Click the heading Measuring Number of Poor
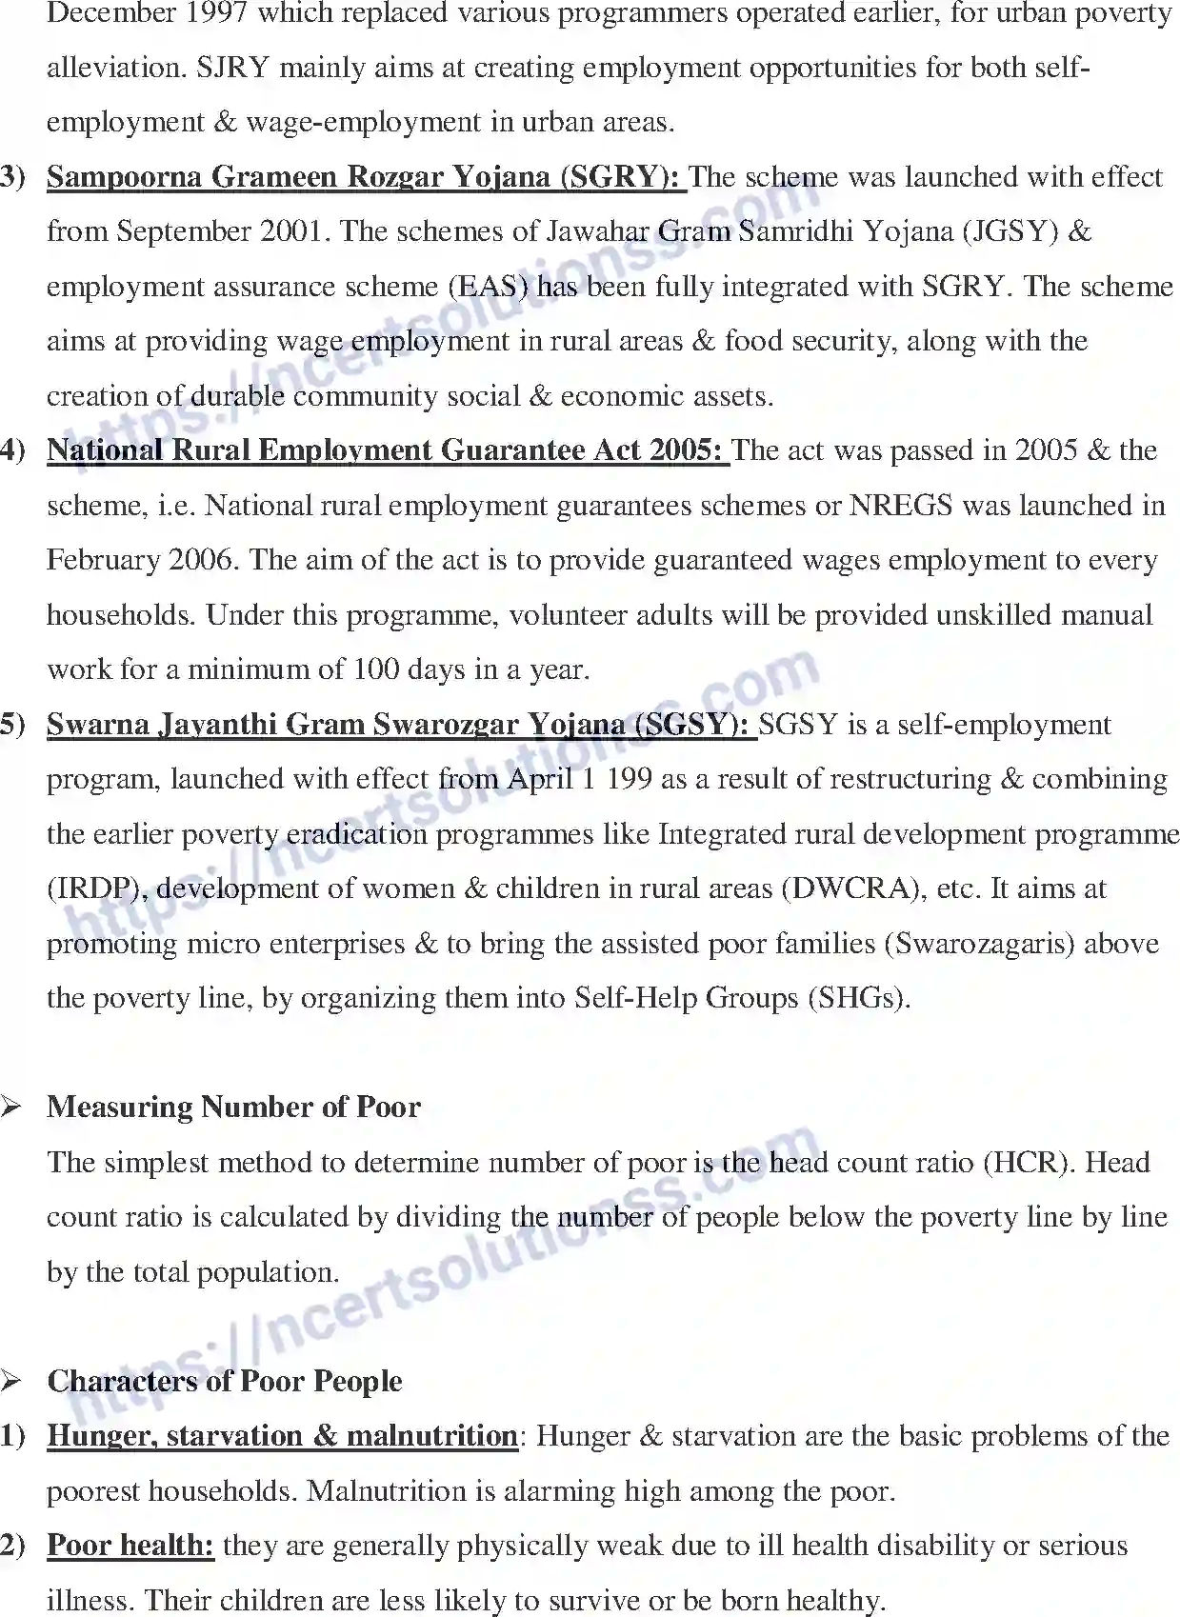pos(233,1108)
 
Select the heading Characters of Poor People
pos(225,1382)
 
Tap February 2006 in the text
pos(143,560)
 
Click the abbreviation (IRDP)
pos(96,889)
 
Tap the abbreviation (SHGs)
pos(858,999)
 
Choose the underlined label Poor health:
pos(130,1546)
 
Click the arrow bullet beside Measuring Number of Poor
pos(11,1108)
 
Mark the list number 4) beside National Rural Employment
pos(12,450)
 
